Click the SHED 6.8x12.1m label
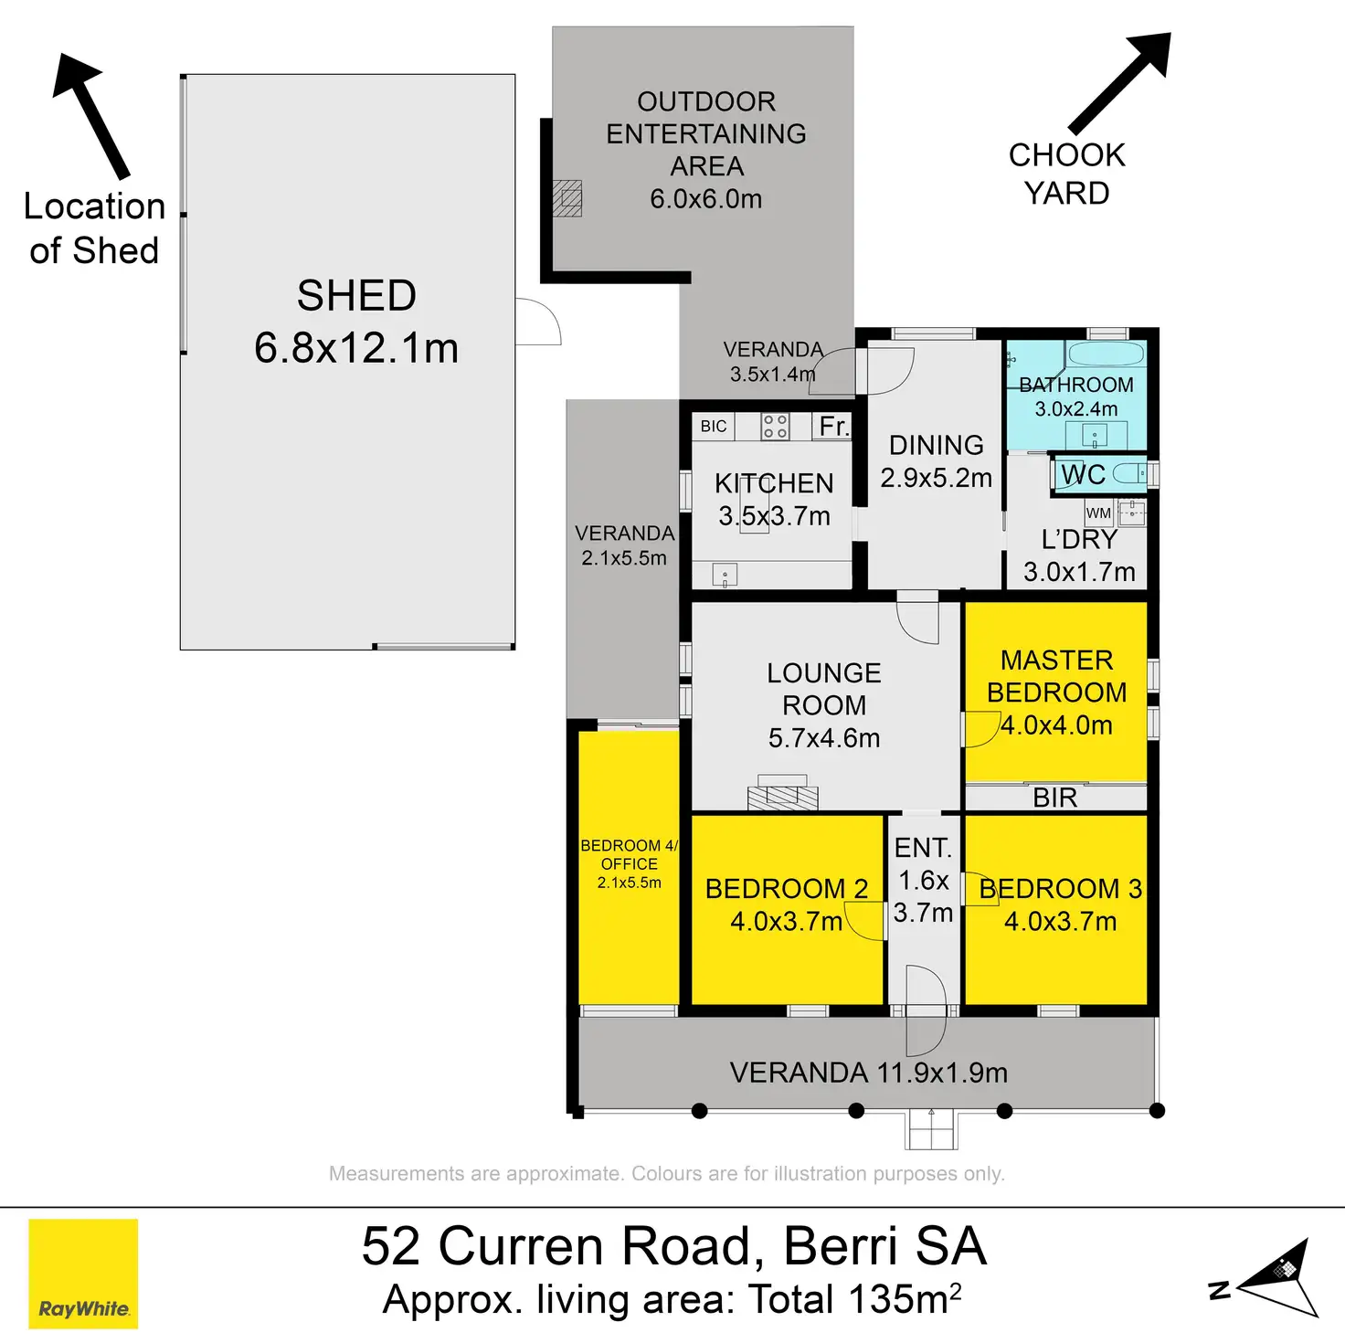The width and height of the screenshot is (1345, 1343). point(356,322)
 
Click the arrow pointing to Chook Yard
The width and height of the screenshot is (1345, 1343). point(1121,82)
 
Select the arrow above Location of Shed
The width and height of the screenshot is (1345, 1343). point(90,115)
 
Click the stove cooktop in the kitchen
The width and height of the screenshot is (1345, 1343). point(775,426)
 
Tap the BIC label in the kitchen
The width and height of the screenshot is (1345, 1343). point(714,426)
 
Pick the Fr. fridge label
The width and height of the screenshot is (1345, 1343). point(834,426)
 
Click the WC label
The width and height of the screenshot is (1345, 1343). point(1083,475)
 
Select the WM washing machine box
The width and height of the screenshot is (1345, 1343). point(1098,513)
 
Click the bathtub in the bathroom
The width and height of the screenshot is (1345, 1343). point(1107,354)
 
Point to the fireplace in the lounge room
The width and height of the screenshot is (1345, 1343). point(782,792)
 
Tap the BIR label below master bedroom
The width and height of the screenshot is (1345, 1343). point(1054,798)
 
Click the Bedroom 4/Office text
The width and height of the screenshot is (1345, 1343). point(629,854)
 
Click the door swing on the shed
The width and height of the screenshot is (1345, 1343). point(538,321)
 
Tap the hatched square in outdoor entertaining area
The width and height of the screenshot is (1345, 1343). point(567,199)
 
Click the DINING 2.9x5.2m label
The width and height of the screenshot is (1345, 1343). point(936,461)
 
